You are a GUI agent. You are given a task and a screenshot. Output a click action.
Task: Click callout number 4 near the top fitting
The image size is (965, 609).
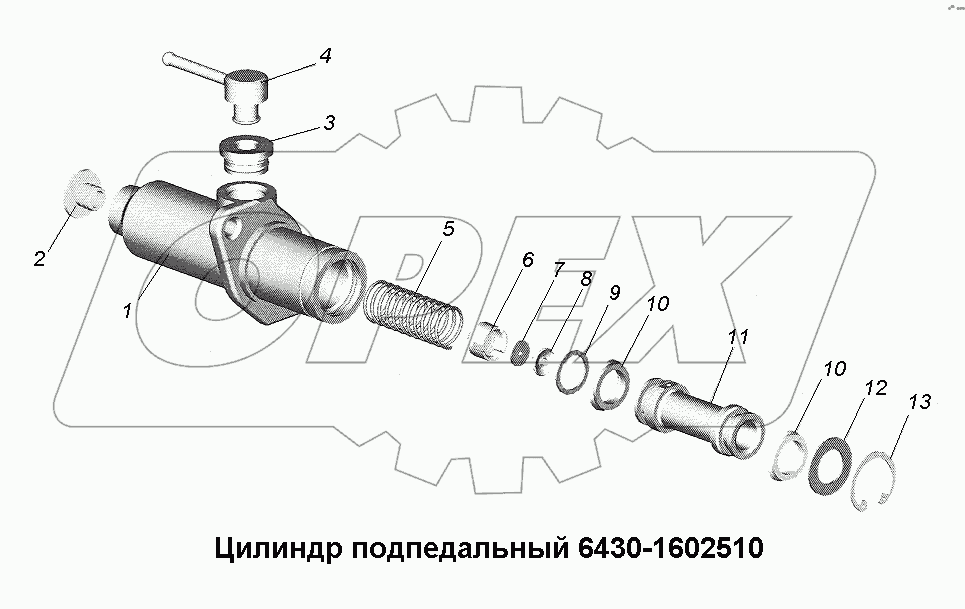coord(325,57)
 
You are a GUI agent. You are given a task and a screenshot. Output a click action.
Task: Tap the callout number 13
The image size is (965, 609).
coord(920,403)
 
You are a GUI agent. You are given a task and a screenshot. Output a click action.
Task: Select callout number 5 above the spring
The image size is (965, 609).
coord(448,228)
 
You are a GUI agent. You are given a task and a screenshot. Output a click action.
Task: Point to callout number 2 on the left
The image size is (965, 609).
coord(39,260)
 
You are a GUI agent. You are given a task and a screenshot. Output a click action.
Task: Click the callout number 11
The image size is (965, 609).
coord(738,338)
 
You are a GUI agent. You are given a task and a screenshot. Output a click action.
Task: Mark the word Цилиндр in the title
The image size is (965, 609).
coord(271,549)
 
